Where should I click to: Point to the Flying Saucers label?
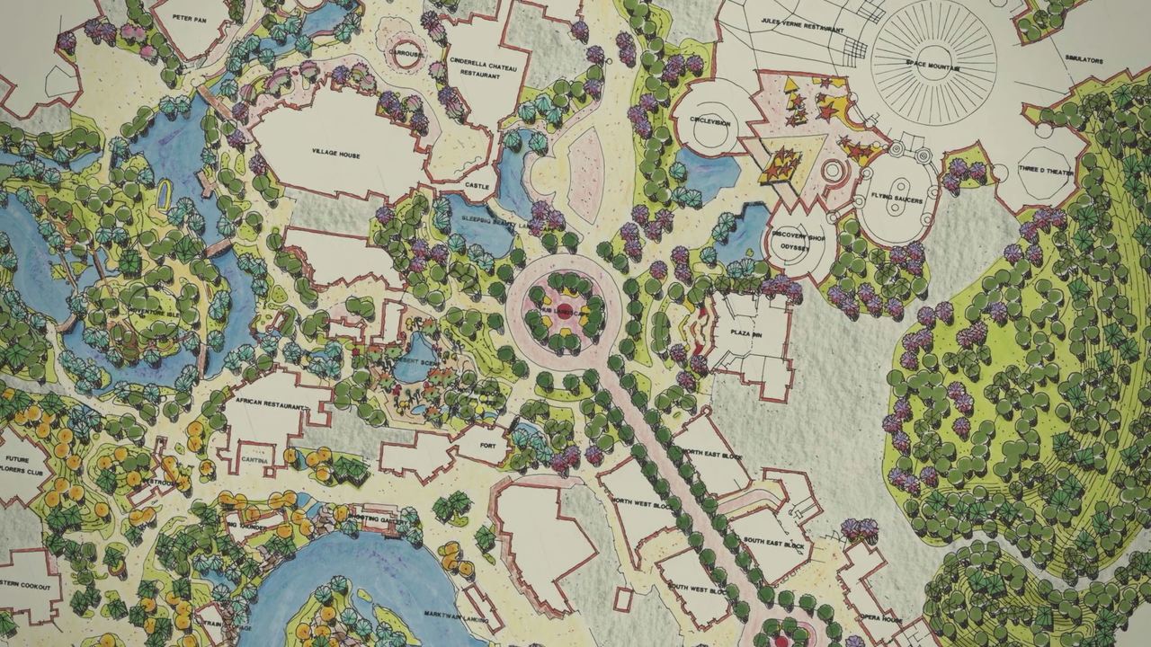click(x=896, y=199)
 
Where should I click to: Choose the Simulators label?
click(x=1084, y=60)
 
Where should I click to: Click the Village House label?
click(x=335, y=155)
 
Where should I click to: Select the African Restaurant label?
click(x=267, y=402)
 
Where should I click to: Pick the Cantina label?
click(x=251, y=459)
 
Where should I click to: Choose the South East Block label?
click(x=775, y=544)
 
